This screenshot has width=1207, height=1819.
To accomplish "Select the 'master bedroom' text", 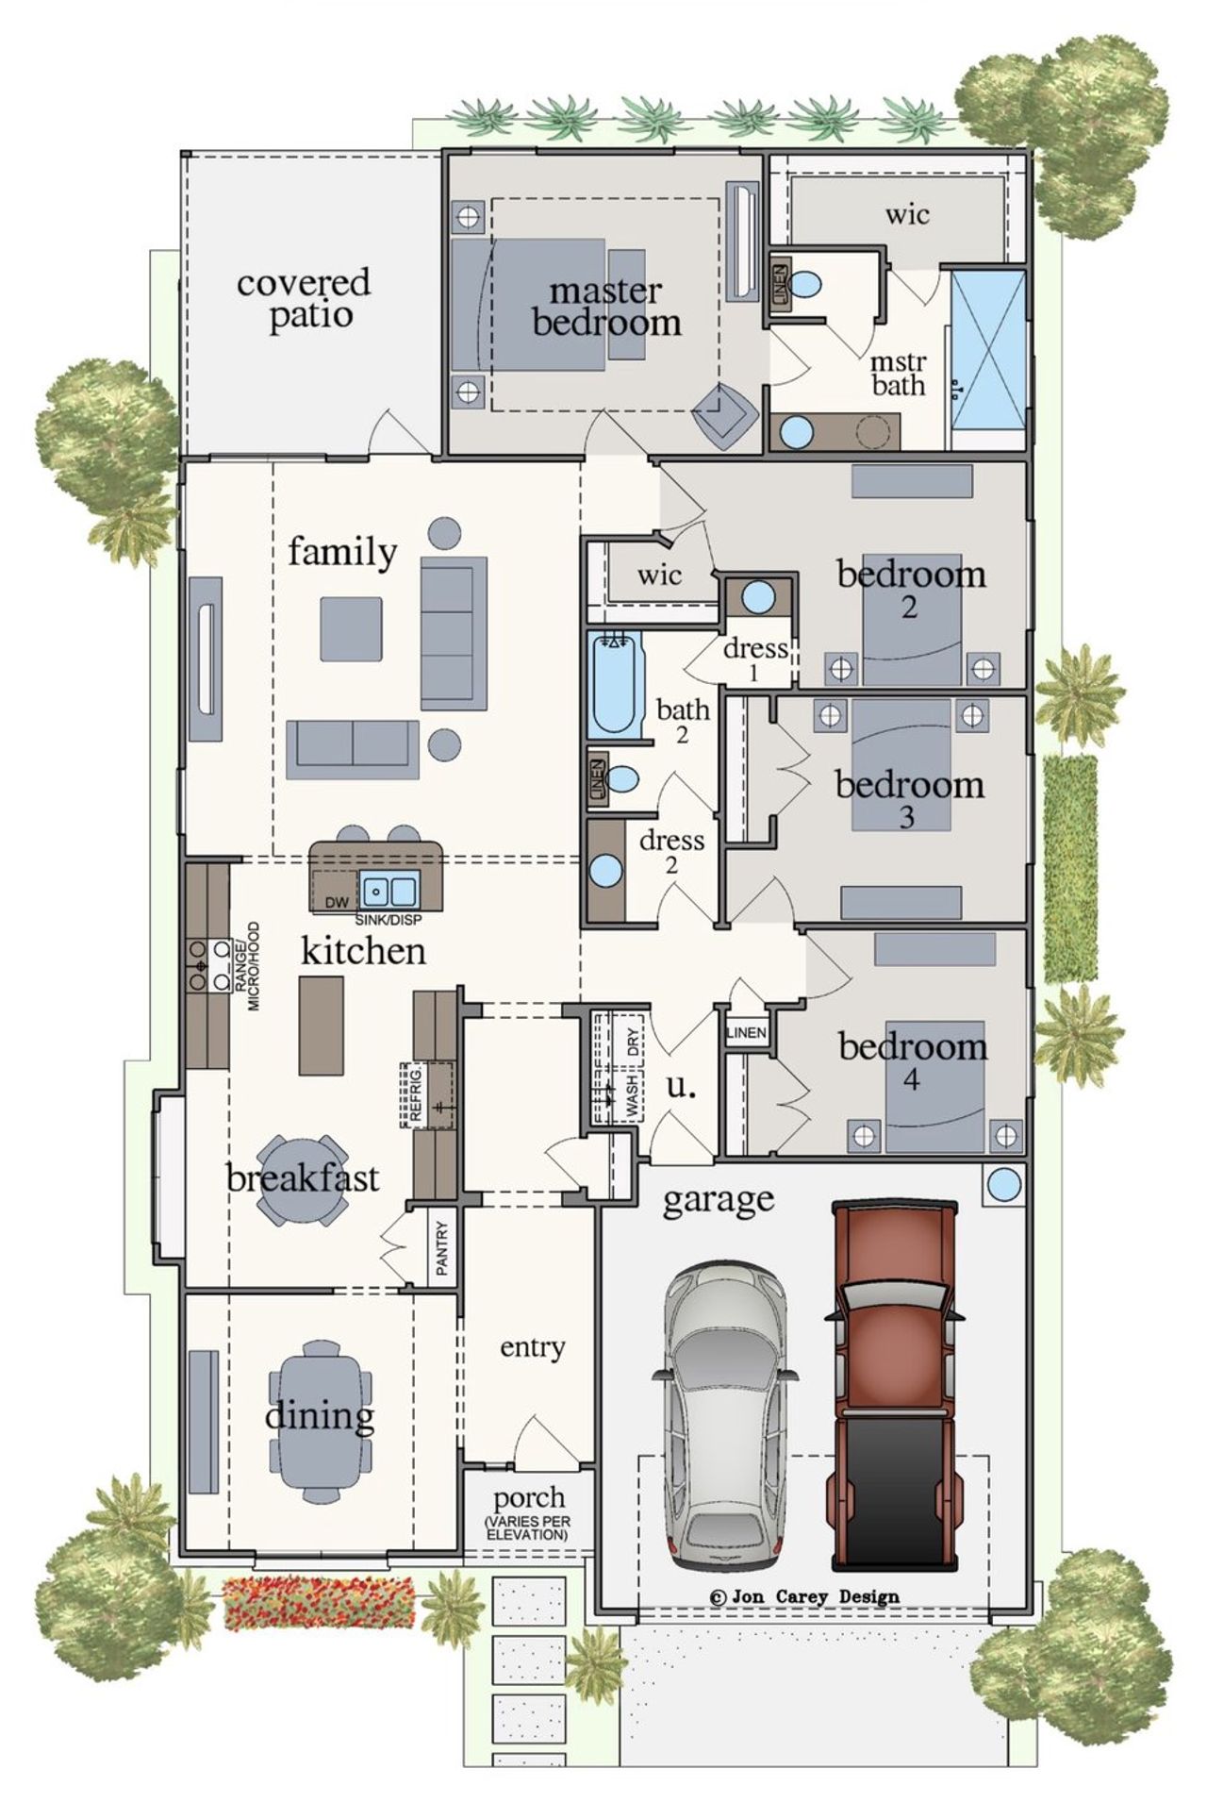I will tap(606, 307).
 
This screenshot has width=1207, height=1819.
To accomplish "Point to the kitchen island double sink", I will tap(389, 890).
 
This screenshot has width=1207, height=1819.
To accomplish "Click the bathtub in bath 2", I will tap(616, 685).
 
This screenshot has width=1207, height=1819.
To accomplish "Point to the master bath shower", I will tap(987, 359).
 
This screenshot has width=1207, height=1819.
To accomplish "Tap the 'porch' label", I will tap(529, 1497).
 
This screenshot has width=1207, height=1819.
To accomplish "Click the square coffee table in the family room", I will tap(351, 628).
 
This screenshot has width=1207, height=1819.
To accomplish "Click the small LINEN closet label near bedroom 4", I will tap(746, 1033).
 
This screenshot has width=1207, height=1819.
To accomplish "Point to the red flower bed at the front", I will tap(319, 1602).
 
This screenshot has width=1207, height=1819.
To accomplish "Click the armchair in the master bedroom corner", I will tap(723, 414).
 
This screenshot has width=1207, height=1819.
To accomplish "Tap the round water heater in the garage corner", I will tap(1003, 1184).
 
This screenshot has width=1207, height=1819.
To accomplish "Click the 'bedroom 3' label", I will tap(909, 797).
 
